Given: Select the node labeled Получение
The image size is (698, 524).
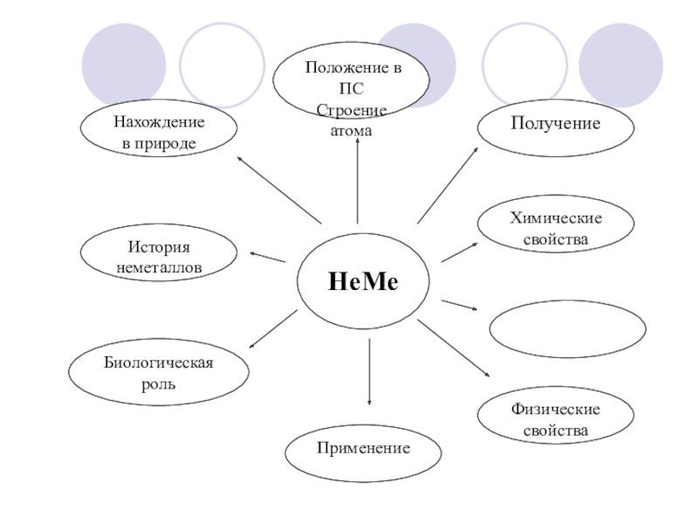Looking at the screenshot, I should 555,124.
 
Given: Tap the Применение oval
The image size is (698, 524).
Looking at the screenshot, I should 362,447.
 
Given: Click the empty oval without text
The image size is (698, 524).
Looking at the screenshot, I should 567,329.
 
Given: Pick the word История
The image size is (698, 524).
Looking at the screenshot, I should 158,249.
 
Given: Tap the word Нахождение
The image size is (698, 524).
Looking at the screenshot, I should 159,122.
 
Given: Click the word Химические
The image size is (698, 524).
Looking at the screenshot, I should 556,219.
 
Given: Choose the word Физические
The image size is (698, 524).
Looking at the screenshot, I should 556,410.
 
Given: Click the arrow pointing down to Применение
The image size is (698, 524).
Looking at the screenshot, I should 370,371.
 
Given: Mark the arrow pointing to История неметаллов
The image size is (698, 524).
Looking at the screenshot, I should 267,257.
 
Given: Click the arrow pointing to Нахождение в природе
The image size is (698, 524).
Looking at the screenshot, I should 279,189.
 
